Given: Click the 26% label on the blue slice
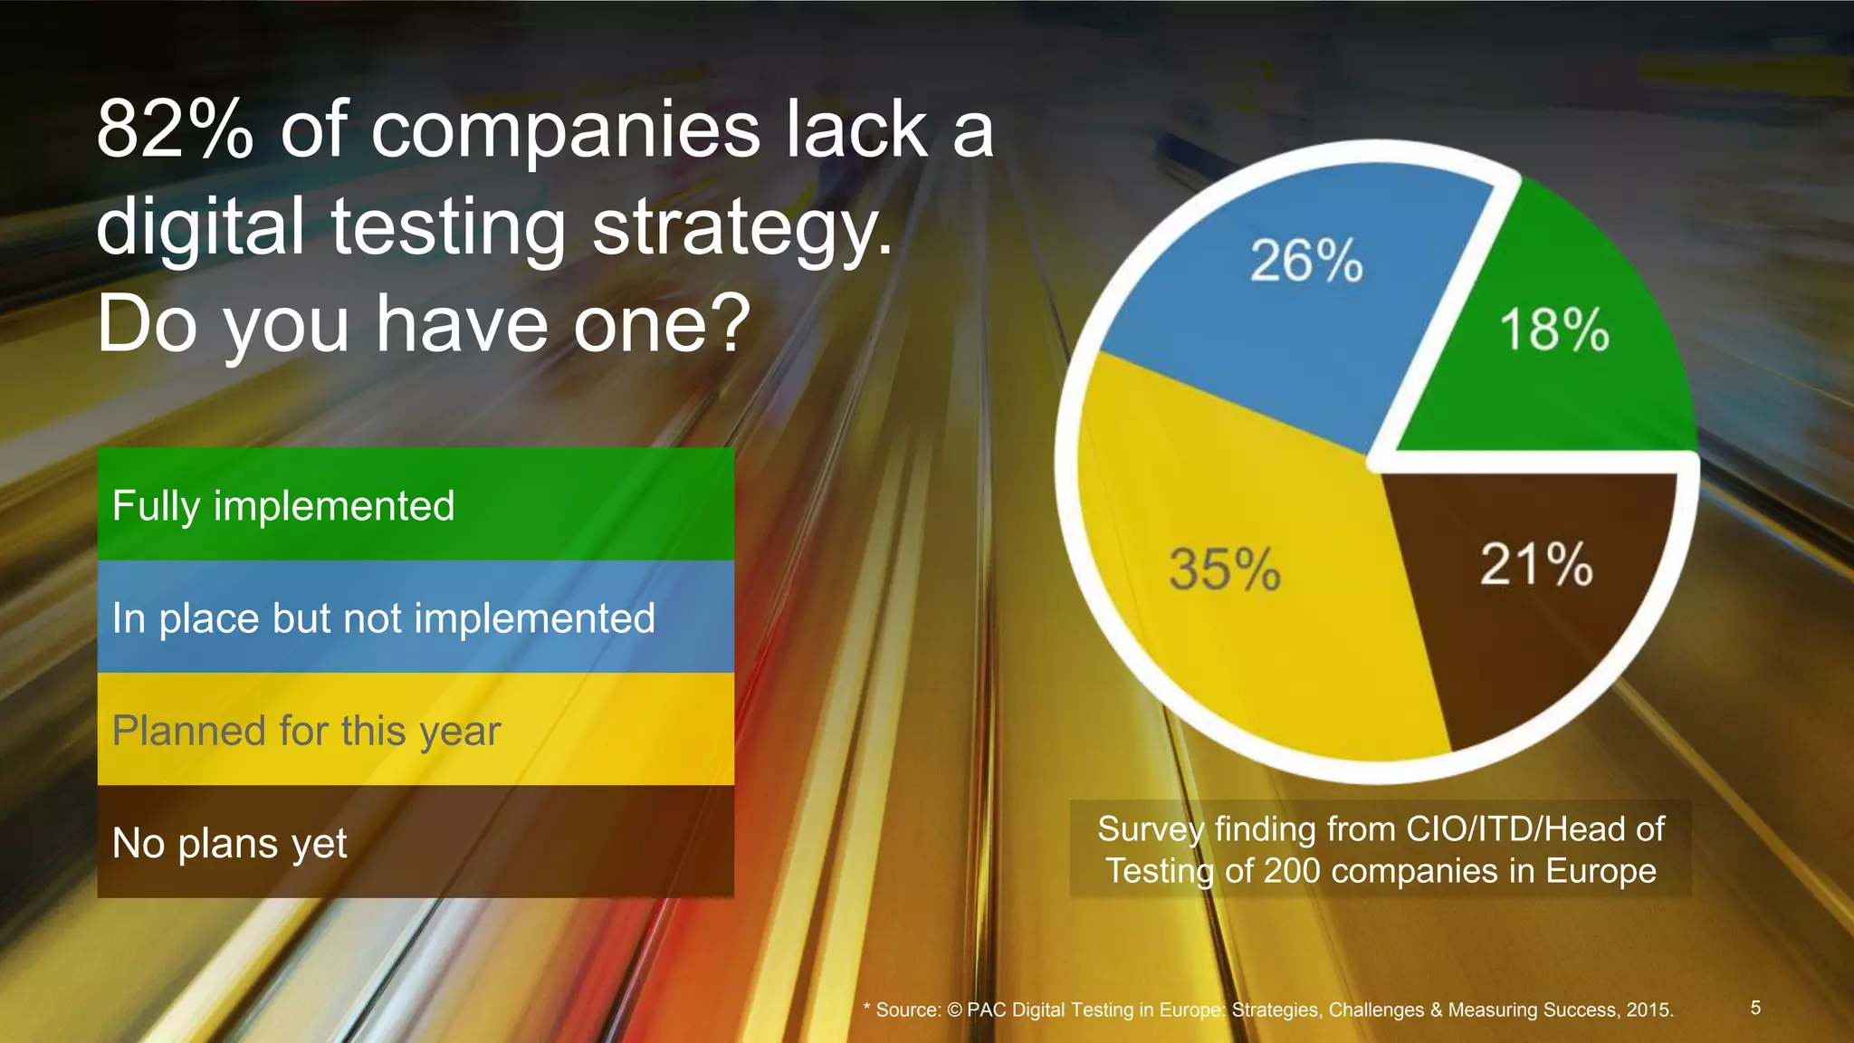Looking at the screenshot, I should click(1305, 261).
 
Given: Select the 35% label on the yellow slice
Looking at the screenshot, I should click(1224, 569).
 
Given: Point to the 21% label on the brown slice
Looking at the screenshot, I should click(1535, 564).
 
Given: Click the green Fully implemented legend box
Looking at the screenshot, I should click(416, 504).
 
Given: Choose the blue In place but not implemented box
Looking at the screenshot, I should click(416, 617).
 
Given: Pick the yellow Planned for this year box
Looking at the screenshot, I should click(416, 730).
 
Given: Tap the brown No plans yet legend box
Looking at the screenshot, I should click(416, 842).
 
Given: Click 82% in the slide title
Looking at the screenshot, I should click(175, 131).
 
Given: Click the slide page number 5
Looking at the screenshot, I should click(1755, 1008).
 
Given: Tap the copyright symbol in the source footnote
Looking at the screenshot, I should click(954, 1010).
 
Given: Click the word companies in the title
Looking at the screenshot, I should click(566, 131).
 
